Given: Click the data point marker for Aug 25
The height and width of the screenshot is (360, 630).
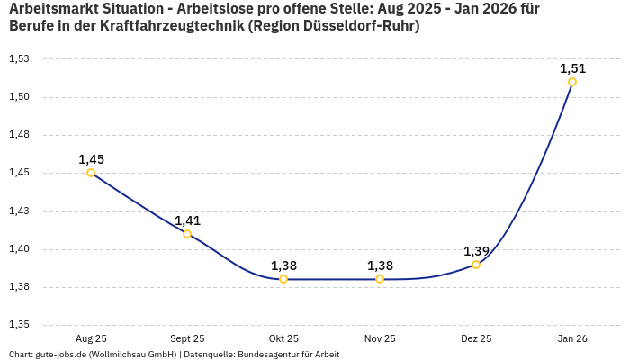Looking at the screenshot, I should click(91, 173).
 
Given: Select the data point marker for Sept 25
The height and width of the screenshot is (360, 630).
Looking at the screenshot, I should click(187, 234).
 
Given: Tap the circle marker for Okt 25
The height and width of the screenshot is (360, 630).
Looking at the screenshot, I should click(283, 279).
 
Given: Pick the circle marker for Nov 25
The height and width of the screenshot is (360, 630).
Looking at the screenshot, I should click(380, 279).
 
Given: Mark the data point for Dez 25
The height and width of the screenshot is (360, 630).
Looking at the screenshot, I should click(476, 265).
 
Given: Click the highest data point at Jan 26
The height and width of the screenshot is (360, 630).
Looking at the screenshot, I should click(572, 82).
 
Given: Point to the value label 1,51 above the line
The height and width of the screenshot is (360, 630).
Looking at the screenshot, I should click(572, 68).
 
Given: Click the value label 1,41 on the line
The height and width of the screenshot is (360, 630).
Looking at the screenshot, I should click(187, 220).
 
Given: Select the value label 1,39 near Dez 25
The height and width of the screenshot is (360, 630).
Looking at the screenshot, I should click(476, 251).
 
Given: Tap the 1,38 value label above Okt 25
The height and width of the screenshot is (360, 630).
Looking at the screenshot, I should click(283, 265).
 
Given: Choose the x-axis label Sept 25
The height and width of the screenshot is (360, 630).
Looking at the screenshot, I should click(187, 338).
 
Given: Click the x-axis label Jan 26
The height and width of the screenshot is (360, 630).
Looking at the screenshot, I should click(572, 338).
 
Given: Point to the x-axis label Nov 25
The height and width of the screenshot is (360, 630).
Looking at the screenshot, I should click(380, 338).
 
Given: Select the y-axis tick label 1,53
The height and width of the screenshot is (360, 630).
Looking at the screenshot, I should click(19, 59).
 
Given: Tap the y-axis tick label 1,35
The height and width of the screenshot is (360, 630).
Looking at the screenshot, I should click(19, 325).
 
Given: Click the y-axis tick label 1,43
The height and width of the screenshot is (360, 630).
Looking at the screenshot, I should click(19, 211).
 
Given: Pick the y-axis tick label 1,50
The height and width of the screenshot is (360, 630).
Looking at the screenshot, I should click(19, 97).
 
